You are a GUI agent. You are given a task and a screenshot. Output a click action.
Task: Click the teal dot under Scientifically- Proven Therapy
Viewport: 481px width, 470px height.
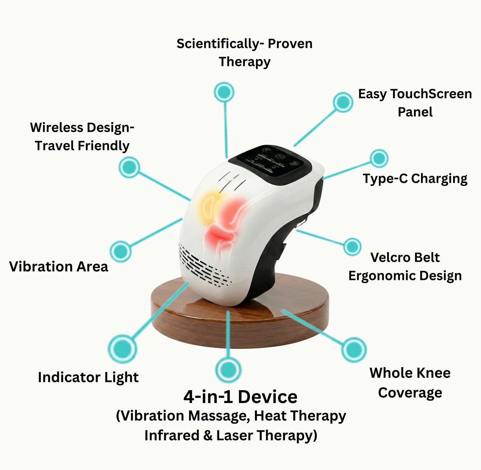tap(224, 92)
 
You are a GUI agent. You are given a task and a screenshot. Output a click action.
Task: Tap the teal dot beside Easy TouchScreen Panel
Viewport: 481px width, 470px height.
tap(343, 102)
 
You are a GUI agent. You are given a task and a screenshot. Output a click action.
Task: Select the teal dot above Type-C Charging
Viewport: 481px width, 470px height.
tap(379, 158)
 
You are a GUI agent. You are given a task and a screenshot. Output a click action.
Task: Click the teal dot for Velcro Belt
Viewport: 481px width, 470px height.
tap(352, 247)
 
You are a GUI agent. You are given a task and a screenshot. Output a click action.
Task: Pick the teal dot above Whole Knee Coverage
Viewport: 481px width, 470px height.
tap(354, 350)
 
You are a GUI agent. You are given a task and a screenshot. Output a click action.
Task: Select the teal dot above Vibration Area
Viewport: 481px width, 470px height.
tap(120, 251)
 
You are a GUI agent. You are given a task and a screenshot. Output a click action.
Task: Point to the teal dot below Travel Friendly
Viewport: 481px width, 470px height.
tap(129, 167)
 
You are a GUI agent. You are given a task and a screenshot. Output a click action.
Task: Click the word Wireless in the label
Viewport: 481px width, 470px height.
tap(56, 128)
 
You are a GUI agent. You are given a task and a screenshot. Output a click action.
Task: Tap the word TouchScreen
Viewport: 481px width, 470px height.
tap(431, 94)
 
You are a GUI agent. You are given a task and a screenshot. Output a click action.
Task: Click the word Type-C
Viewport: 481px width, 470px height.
tap(385, 179)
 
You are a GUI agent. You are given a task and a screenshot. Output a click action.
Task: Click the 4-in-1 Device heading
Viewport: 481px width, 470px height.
tap(240, 397)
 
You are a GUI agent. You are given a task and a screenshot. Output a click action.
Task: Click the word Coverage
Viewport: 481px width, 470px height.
tap(410, 393)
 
